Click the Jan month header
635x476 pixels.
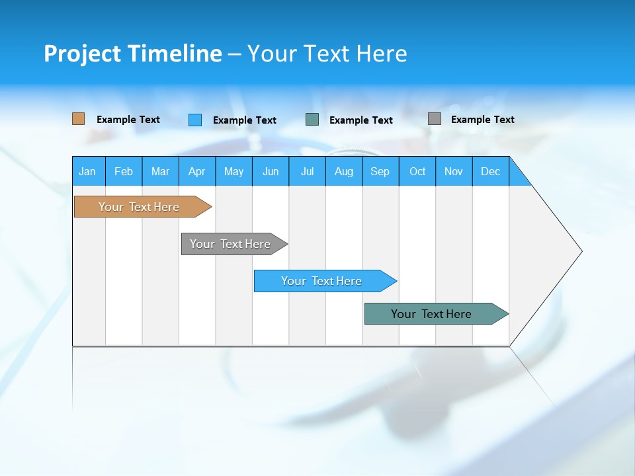[87, 171]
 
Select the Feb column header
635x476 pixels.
[124, 171]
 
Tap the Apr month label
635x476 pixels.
[196, 171]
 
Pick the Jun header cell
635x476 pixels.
[271, 171]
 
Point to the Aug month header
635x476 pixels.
[343, 171]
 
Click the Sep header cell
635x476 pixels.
[380, 171]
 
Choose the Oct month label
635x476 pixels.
[417, 171]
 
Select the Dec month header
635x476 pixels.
[490, 171]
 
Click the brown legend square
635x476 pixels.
[78, 119]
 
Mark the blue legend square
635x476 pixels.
[195, 120]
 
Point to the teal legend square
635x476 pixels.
[312, 120]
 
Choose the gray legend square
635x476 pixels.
[435, 119]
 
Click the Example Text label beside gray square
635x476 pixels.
[482, 120]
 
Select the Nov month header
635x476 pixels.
[454, 171]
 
